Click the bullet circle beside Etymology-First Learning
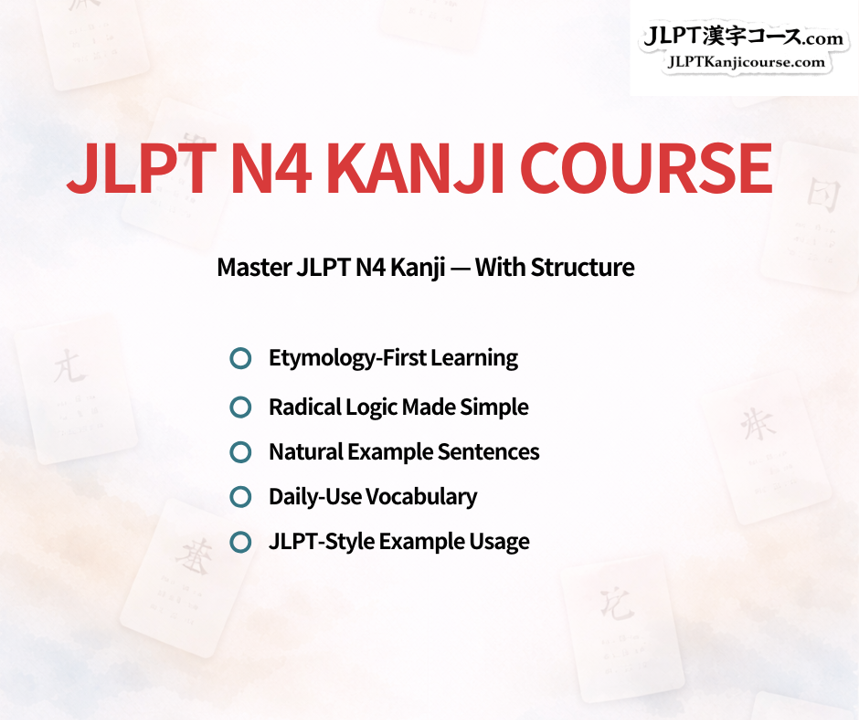click(240, 358)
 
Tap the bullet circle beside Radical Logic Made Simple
click(240, 407)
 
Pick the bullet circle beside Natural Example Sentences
click(240, 451)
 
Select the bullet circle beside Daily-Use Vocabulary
click(240, 497)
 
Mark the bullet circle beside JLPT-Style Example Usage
click(240, 542)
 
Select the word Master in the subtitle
click(253, 268)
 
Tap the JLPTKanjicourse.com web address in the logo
click(746, 62)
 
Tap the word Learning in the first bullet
click(477, 358)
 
